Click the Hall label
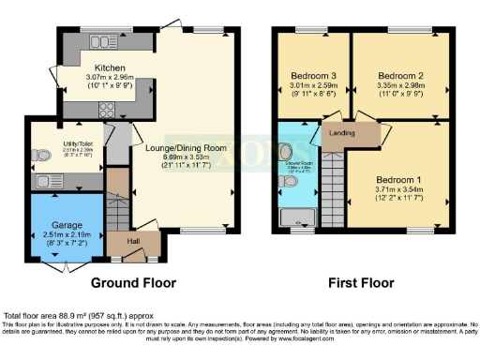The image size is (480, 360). [x=133, y=243]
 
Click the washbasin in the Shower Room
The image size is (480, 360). [x=286, y=153]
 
